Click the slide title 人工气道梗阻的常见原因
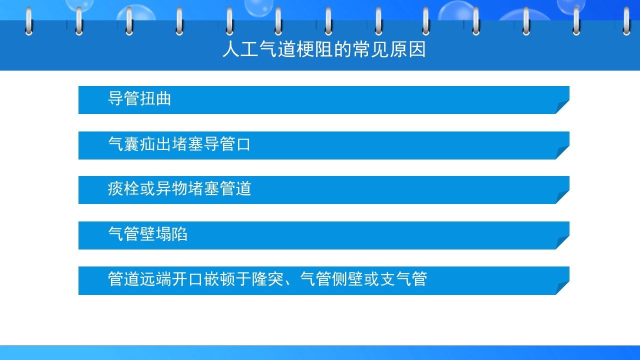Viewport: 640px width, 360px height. pyautogui.click(x=324, y=50)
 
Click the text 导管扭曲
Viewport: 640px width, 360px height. pyautogui.click(x=139, y=98)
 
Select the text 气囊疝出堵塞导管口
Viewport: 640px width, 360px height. pyautogui.click(x=179, y=144)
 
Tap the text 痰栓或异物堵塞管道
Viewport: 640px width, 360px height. pyautogui.click(x=179, y=189)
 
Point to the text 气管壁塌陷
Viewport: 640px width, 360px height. pyautogui.click(x=147, y=233)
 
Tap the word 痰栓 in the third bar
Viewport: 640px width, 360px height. pyautogui.click(x=123, y=189)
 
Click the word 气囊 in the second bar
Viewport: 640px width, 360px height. pyautogui.click(x=123, y=144)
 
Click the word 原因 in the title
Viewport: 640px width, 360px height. pyautogui.click(x=409, y=50)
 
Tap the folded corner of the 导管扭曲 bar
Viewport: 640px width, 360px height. pyautogui.click(x=563, y=106)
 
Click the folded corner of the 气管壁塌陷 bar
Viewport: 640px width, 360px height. pyautogui.click(x=563, y=242)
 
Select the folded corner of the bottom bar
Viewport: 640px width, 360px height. pyautogui.click(x=563, y=287)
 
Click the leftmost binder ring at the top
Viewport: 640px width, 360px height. pyautogui.click(x=28, y=21)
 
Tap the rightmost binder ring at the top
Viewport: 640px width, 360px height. pyautogui.click(x=626, y=21)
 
